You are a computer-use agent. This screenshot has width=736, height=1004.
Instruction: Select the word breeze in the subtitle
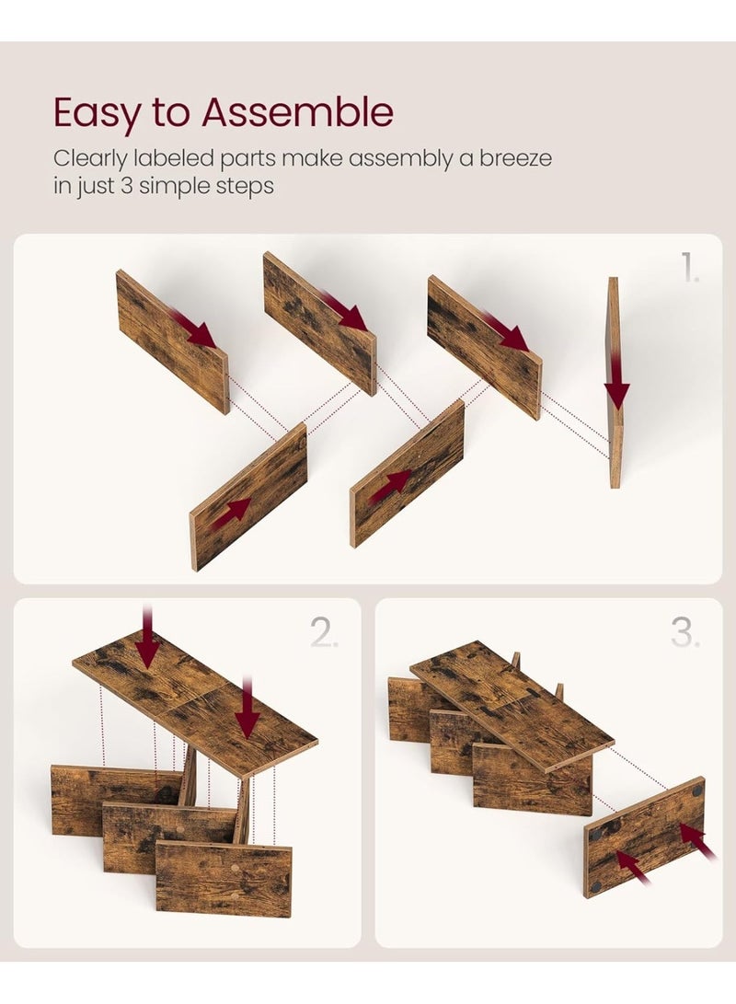pos(515,157)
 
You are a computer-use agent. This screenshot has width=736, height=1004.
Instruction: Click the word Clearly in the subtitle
pos(90,158)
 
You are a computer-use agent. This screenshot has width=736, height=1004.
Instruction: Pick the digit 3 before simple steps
pos(126,186)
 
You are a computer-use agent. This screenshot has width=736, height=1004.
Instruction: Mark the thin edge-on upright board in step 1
pos(615,382)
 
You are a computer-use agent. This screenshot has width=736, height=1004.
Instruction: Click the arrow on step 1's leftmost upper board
pos(193,328)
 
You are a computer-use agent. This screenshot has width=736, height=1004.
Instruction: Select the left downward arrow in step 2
pos(148,637)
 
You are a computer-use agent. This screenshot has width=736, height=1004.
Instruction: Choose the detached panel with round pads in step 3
pos(645,837)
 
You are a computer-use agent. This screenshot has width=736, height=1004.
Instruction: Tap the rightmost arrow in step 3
pos(698,841)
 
